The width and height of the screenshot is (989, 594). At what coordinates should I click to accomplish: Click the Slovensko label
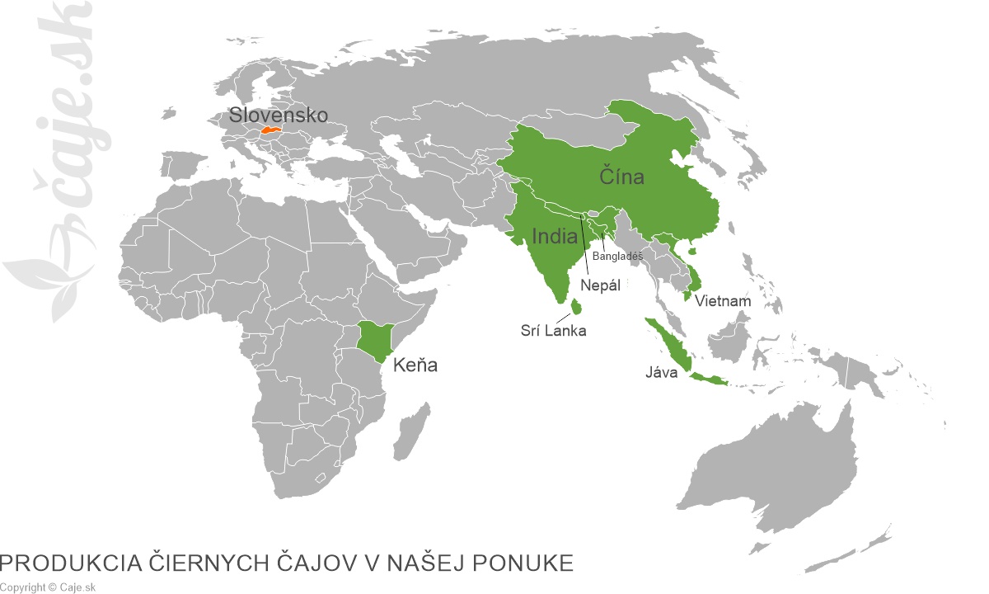pos(279,115)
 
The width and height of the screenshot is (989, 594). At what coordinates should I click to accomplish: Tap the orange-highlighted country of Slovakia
pos(271,130)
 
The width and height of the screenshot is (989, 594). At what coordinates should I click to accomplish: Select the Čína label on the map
pos(621,177)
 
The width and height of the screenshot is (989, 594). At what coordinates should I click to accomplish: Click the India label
pos(555,237)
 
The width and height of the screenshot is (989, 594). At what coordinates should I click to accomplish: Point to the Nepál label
pos(600,285)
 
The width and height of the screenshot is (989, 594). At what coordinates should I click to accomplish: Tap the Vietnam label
pos(723,301)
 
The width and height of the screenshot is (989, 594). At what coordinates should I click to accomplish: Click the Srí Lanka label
pos(553,330)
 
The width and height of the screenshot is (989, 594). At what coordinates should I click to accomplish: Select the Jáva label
pos(661,373)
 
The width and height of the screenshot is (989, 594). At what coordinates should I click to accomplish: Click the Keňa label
pos(415,365)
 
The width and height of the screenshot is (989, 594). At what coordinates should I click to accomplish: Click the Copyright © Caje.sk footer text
pos(49,587)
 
